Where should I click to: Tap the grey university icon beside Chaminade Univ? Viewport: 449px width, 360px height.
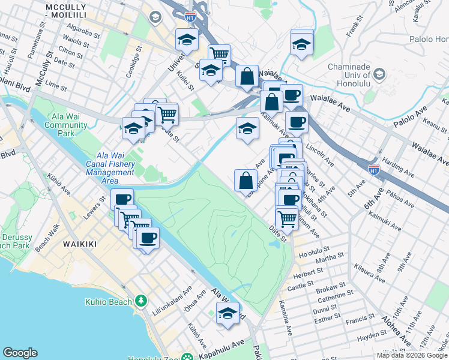click(379, 74)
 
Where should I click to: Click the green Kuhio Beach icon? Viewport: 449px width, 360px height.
click(142, 301)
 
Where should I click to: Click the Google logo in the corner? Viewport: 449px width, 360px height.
click(20, 353)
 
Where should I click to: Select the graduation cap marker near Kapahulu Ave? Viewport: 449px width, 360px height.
click(227, 313)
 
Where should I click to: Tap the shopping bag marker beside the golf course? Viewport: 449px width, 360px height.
click(246, 180)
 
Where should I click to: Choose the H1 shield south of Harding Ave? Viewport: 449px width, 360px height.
click(373, 170)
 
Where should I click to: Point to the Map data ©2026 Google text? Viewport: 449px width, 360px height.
click(411, 355)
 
